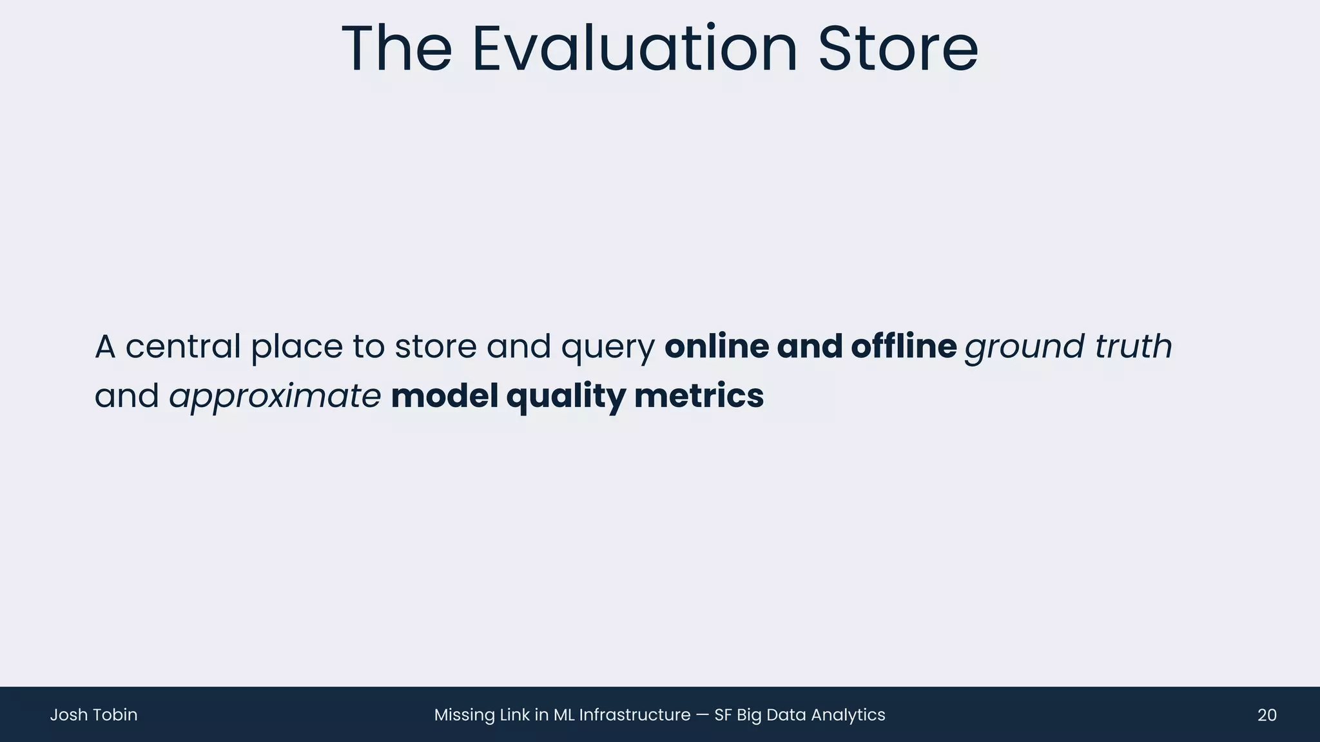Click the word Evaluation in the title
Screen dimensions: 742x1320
click(x=635, y=49)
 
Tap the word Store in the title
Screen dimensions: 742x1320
click(x=898, y=49)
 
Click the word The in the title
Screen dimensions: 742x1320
click(x=396, y=49)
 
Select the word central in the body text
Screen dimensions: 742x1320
click(x=182, y=347)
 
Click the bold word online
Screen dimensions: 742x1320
click(x=717, y=347)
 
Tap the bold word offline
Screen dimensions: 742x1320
click(x=904, y=347)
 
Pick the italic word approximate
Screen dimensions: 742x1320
click(x=275, y=397)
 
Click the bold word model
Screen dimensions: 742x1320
click(x=445, y=395)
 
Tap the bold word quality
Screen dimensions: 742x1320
click(x=566, y=397)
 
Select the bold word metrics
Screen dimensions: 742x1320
click(x=699, y=395)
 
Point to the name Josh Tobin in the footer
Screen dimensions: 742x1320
click(x=93, y=715)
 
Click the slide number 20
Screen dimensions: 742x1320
click(x=1267, y=715)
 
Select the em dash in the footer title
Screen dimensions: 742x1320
click(x=703, y=715)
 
